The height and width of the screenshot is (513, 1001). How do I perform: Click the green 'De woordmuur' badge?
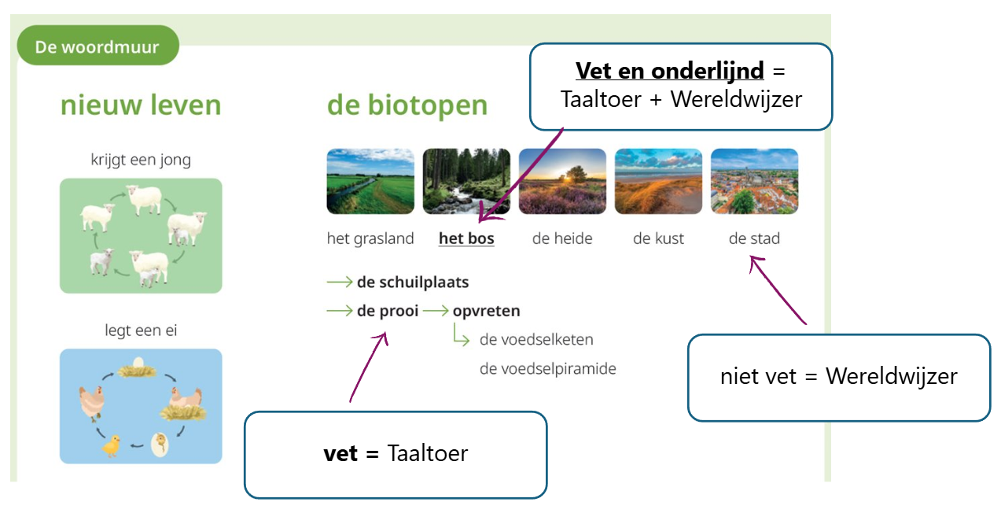point(98,46)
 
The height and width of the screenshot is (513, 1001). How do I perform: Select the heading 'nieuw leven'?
point(141,105)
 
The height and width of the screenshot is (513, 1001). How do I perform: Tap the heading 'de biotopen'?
point(407,105)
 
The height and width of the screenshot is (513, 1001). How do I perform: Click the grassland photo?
point(370,181)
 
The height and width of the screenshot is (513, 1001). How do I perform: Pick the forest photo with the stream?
point(466,181)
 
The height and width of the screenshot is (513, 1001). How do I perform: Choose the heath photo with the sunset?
point(562,181)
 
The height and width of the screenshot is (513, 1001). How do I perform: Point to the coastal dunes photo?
point(659,181)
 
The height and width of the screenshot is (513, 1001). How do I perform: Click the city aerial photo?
point(754,181)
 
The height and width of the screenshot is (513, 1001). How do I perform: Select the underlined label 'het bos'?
point(466,238)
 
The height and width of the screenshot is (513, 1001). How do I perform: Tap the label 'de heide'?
point(562,238)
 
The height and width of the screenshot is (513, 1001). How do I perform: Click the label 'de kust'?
point(658,238)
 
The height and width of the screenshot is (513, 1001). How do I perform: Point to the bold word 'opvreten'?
point(486,311)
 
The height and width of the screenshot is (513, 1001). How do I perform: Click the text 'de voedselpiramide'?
point(548,368)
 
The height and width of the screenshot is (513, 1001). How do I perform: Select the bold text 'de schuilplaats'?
point(413,282)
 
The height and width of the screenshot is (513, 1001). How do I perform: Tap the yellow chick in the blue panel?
point(111,445)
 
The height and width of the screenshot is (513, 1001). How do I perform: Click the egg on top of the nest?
point(138,362)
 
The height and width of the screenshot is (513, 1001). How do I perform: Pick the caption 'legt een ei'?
point(141,330)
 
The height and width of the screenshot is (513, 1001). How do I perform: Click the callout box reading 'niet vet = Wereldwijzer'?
point(839,378)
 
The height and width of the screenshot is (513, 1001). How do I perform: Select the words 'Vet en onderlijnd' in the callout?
point(669,71)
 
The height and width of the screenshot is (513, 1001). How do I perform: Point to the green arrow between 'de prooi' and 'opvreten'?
point(436,310)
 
